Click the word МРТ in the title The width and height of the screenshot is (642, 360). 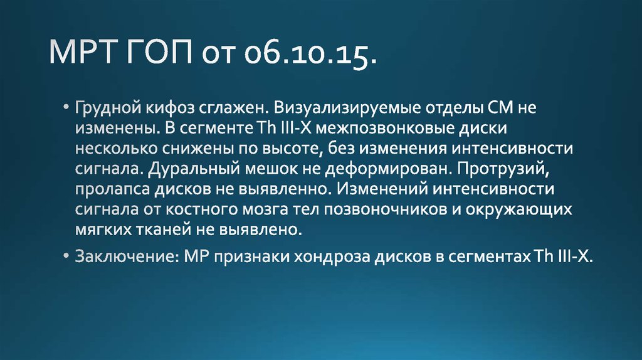coord(85,55)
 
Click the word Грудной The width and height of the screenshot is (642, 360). coord(106,108)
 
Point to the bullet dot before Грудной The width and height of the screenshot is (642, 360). coord(66,107)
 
